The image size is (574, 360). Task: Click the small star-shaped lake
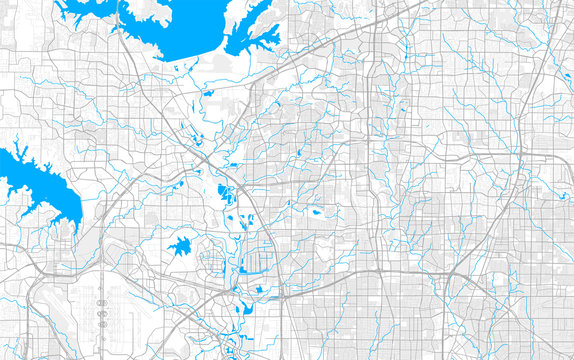click(x=181, y=246)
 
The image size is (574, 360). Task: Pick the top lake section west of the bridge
click(x=90, y=14)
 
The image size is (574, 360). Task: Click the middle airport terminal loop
click(x=102, y=313)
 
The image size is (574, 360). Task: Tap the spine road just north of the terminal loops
click(x=102, y=290)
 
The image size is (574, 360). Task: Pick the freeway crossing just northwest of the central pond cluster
click(x=205, y=160)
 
